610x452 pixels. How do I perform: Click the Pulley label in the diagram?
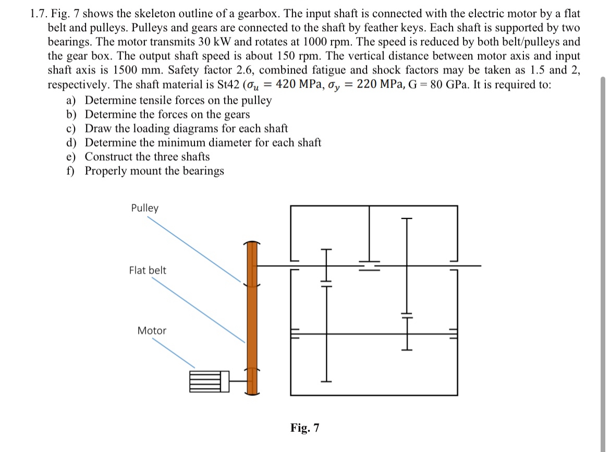pyautogui.click(x=144, y=208)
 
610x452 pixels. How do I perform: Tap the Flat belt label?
pyautogui.click(x=148, y=270)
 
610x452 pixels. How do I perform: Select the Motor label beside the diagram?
pyautogui.click(x=152, y=331)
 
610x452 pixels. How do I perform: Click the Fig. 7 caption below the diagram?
pyautogui.click(x=305, y=428)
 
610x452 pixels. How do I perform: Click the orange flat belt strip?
pyautogui.click(x=252, y=318)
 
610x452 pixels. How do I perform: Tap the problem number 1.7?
pyautogui.click(x=37, y=13)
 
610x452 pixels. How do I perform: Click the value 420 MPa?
pyautogui.click(x=300, y=84)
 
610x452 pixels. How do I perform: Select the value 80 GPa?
pyautogui.click(x=452, y=84)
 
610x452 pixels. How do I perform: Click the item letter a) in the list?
pyautogui.click(x=70, y=100)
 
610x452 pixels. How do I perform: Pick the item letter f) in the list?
pyautogui.click(x=70, y=170)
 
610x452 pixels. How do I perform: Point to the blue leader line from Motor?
pyautogui.click(x=174, y=353)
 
